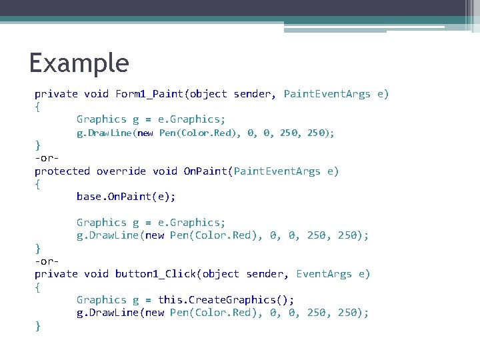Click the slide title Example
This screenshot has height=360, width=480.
point(79,64)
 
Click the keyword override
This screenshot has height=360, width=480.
point(121,171)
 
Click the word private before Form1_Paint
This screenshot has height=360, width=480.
point(56,94)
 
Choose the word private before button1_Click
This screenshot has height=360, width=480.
point(56,274)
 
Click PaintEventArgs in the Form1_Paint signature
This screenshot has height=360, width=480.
point(327,94)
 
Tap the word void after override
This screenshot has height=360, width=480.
point(165,171)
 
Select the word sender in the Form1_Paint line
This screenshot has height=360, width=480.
point(253,94)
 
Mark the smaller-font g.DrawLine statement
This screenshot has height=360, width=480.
point(205,133)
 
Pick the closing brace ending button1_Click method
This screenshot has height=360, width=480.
point(38,326)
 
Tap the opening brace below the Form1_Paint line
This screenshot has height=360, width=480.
point(38,107)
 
